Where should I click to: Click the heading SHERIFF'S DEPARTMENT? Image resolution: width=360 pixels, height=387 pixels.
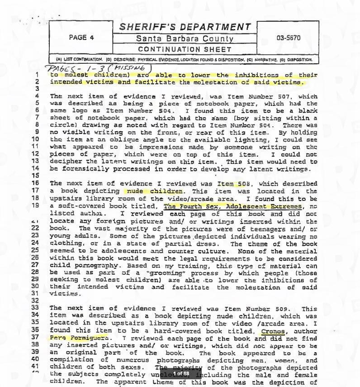tap(185, 27)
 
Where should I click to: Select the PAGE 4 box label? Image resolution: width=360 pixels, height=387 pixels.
tap(81, 38)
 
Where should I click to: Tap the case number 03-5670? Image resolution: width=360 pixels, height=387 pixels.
tap(288, 38)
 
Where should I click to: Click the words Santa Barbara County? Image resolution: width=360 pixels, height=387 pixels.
tap(185, 39)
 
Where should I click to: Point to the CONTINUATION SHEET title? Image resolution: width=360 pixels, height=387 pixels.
tap(185, 49)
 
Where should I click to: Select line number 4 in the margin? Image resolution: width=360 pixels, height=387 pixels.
tap(37, 96)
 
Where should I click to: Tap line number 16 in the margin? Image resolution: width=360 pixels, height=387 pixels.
tap(36, 184)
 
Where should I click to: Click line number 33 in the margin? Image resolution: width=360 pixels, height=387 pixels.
tap(36, 308)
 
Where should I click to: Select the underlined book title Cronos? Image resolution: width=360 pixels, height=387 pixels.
tap(273, 330)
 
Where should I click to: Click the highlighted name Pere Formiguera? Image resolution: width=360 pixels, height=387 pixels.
tap(79, 337)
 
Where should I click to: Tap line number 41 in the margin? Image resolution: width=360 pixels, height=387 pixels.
tap(36, 367)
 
